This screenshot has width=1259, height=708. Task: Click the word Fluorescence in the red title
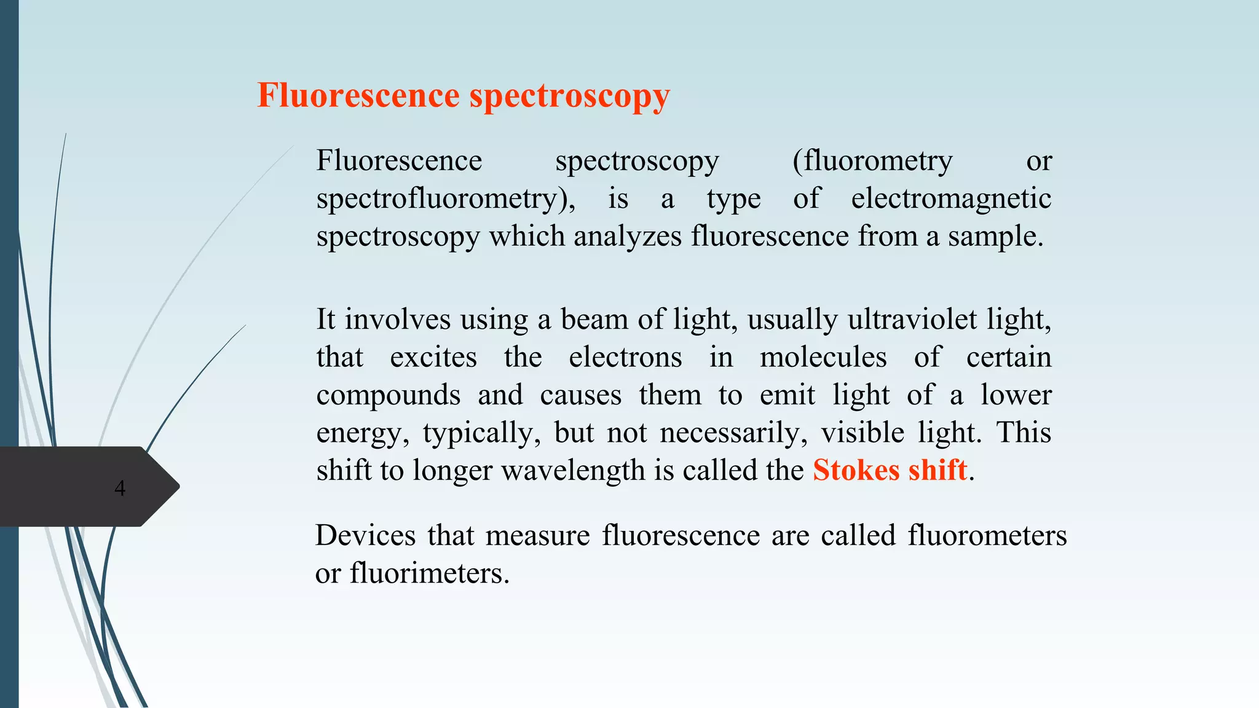tap(358, 96)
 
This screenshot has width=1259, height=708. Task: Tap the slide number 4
tap(120, 488)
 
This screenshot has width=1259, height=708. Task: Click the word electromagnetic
tap(951, 199)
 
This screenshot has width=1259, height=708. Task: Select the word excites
tap(433, 358)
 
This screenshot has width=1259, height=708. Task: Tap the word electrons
tap(625, 358)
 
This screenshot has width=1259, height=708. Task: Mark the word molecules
tap(823, 358)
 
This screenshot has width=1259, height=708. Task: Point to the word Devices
tap(366, 535)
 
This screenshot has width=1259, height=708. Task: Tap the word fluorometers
tap(987, 535)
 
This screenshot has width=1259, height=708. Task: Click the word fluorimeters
tap(430, 573)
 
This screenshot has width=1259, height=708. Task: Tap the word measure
tap(537, 535)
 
